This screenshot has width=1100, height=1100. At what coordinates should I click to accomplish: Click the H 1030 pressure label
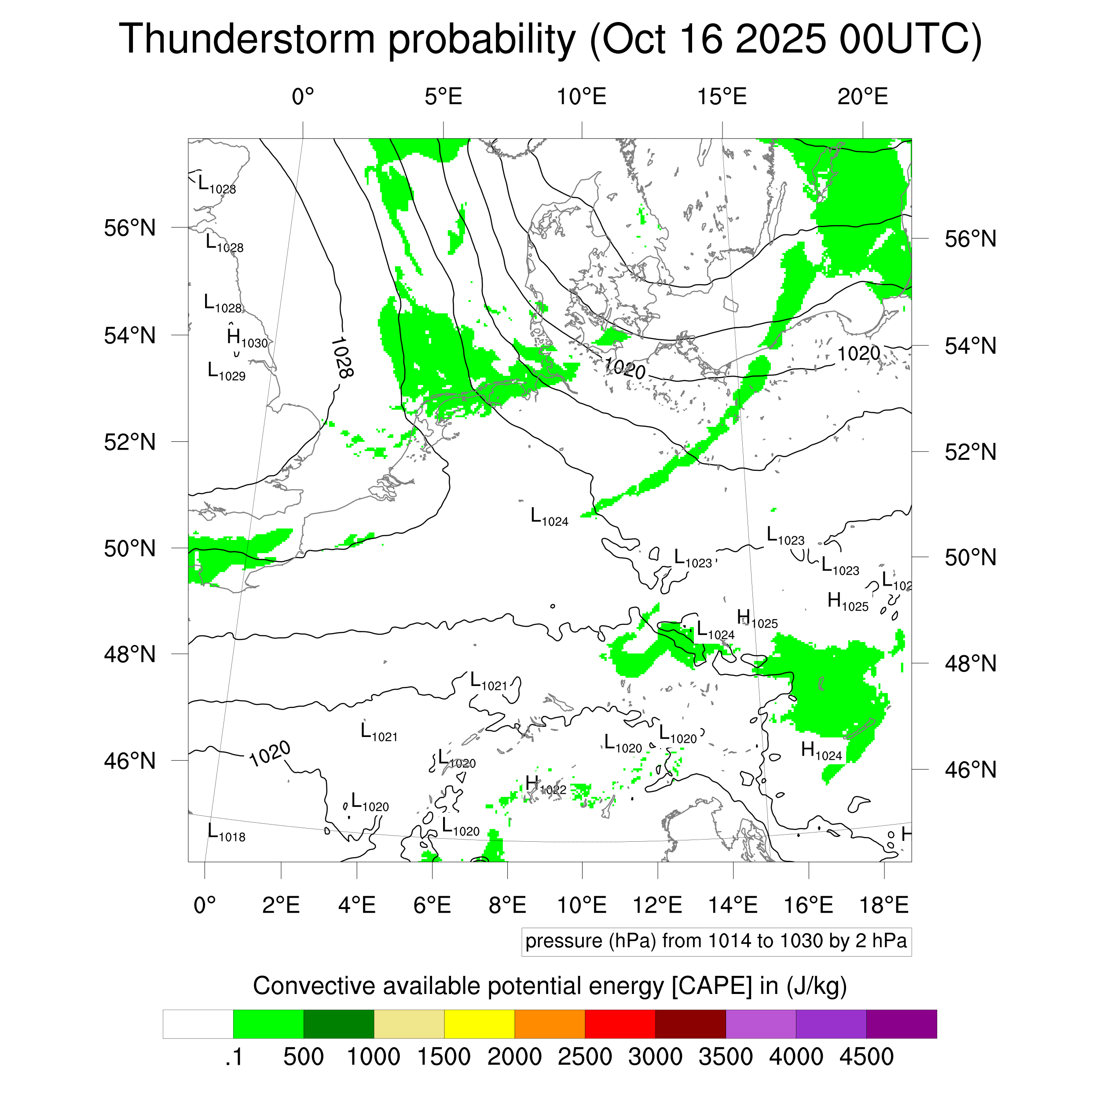[246, 339]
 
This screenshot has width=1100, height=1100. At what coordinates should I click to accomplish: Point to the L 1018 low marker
[226, 833]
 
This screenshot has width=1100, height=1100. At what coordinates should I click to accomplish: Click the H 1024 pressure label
[821, 752]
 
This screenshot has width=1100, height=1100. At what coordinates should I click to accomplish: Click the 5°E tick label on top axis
[443, 97]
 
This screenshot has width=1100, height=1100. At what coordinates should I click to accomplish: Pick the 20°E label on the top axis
[862, 97]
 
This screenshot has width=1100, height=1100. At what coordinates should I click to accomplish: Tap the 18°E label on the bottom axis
[884, 905]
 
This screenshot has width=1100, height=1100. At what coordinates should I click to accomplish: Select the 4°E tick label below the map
[356, 905]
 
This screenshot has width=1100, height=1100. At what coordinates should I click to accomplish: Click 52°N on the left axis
[130, 442]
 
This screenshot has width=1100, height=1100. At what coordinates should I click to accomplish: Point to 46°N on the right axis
[971, 770]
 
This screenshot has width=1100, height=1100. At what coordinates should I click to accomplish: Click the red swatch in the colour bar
[620, 1024]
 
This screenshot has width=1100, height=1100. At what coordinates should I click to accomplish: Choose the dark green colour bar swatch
[338, 1024]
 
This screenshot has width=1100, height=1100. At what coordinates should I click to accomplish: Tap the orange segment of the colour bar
[550, 1024]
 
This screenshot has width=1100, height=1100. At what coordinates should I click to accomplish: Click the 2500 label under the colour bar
[585, 1057]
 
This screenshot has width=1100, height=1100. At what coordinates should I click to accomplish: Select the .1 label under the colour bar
[234, 1057]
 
